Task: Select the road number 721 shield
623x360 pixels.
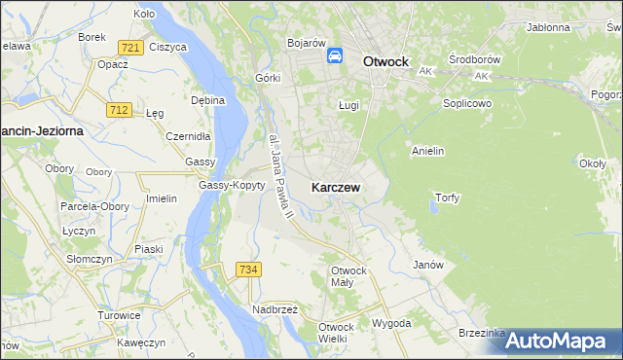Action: point(129,48)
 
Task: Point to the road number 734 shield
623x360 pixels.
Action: point(247,270)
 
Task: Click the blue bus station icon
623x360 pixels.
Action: point(335,56)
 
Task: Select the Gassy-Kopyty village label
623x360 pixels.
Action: point(232,185)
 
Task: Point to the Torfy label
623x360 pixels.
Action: point(446,198)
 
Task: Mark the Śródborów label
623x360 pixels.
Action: point(468,59)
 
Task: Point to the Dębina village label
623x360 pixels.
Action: point(207,99)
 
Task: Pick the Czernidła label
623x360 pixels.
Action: point(188,136)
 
